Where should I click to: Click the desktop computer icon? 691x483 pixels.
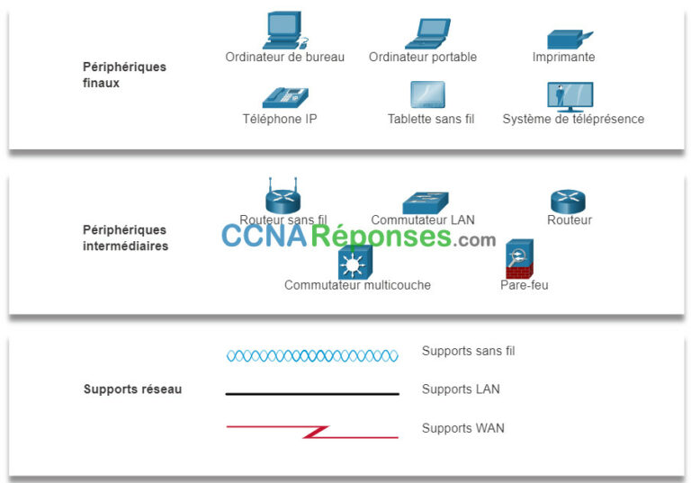[x=283, y=31]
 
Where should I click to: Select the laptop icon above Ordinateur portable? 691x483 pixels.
[x=426, y=33]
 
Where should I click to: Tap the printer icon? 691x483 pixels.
[x=569, y=40]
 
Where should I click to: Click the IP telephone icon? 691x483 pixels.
[x=284, y=96]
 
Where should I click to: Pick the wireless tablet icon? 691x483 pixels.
[x=427, y=94]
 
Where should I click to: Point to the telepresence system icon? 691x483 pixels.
[x=570, y=95]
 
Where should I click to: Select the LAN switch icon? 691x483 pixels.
[x=424, y=201]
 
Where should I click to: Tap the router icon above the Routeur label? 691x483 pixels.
[x=569, y=201]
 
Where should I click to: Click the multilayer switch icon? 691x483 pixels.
[x=351, y=262]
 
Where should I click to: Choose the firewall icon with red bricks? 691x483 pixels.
[x=520, y=259]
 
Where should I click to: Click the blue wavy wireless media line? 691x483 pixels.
[x=311, y=356]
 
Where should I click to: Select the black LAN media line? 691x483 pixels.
[x=311, y=393]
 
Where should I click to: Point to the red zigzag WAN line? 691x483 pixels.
[x=311, y=431]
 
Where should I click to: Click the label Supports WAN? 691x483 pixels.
[x=462, y=428]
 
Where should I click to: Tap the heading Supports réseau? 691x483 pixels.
[x=132, y=389]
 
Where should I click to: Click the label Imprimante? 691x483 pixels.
[x=563, y=58]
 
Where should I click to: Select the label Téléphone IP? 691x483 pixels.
[x=279, y=119]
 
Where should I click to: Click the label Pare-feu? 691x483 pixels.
[x=524, y=285]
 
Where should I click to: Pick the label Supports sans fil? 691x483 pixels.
[x=468, y=351]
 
